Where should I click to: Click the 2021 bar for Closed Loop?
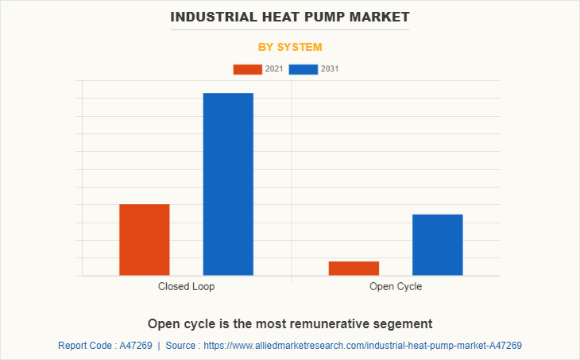[x=144, y=240]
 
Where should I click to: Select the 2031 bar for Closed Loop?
[x=228, y=184]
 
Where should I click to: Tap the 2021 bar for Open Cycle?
[x=354, y=269]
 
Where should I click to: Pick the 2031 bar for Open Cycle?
[x=437, y=245]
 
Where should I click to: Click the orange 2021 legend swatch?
[x=247, y=69]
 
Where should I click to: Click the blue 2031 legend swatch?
[x=304, y=69]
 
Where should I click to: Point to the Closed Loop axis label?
[x=186, y=286]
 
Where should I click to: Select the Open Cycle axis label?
[x=396, y=286]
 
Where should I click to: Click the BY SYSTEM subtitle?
[x=290, y=47]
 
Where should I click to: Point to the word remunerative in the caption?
[x=319, y=324]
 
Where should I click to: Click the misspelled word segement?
[x=403, y=324]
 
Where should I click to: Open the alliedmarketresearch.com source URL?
[x=363, y=346]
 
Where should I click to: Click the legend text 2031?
[x=330, y=69]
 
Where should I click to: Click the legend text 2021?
[x=274, y=69]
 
